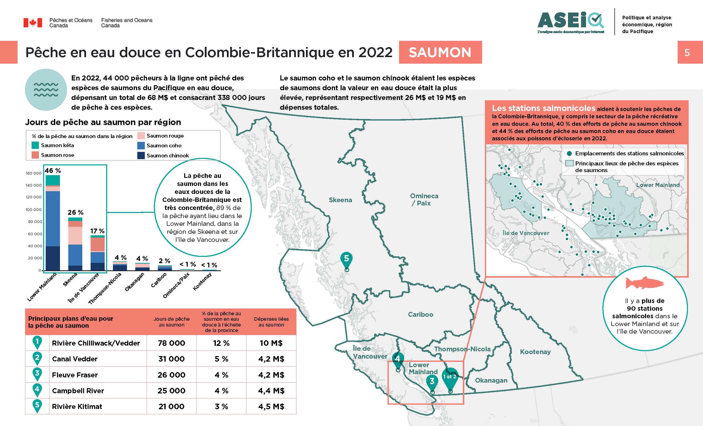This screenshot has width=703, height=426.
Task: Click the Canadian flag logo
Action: coord(33,23)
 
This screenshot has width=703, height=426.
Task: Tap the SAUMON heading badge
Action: coord(440,52)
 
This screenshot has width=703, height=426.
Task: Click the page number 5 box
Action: coord(687,52)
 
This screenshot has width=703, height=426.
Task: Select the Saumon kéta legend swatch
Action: coord(35,145)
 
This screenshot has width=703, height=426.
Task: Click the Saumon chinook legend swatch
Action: coord(141,155)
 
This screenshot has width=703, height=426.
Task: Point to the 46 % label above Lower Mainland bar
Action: coord(53,170)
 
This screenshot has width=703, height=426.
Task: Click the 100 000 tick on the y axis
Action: coord(34,209)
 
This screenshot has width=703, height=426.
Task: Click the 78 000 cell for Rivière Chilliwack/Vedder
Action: coord(171,343)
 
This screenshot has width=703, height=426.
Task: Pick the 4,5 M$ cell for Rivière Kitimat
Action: coord(271,406)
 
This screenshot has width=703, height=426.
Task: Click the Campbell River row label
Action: coord(78,391)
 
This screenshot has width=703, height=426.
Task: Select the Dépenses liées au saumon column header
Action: coord(271,322)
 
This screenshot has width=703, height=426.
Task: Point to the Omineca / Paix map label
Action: coord(424,199)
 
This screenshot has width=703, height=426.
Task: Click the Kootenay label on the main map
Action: coord(535,352)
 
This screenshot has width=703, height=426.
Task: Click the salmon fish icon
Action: coord(645,283)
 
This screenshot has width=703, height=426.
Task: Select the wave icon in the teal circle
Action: coord(46,90)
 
